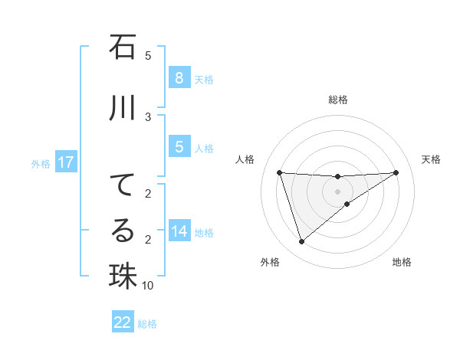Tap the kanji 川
pyautogui.click(x=123, y=109)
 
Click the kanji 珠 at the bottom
pyautogui.click(x=123, y=277)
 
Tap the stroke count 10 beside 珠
pyautogui.click(x=148, y=286)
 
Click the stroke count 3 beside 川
pyautogui.click(x=148, y=116)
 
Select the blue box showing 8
pyautogui.click(x=179, y=78)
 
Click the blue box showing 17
pyautogui.click(x=65, y=162)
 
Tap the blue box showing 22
pyautogui.click(x=123, y=322)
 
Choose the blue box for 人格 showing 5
pyautogui.click(x=179, y=147)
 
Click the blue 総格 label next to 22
pyautogui.click(x=147, y=324)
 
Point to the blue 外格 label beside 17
pyautogui.click(x=40, y=163)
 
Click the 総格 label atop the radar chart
pyautogui.click(x=338, y=100)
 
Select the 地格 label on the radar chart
pyautogui.click(x=402, y=263)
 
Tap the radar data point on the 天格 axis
pyautogui.click(x=396, y=172)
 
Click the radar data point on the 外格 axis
pyautogui.click(x=301, y=241)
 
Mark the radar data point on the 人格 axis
pyautogui.click(x=280, y=172)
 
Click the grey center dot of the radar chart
pyautogui.click(x=338, y=191)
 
